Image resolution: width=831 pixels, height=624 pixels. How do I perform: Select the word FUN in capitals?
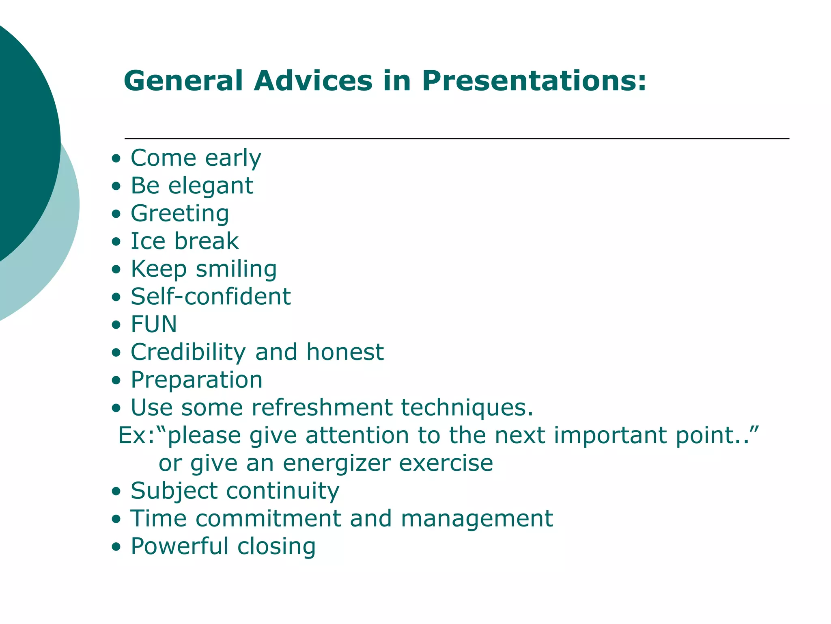pos(154,324)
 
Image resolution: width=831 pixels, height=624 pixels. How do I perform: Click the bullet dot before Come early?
pos(116,158)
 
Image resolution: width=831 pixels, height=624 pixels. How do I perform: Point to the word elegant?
pos(211,186)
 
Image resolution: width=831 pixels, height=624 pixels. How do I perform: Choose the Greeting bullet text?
pos(180,214)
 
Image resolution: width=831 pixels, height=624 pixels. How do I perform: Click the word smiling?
pos(236,269)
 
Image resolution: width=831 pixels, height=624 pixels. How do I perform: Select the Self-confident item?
pos(211,297)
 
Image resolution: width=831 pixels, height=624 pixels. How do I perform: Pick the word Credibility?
pos(188,352)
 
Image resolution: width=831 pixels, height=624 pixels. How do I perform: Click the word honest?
pos(345,352)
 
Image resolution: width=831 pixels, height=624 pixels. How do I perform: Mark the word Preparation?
pos(196,380)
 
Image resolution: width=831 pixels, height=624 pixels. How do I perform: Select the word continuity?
pos(282,491)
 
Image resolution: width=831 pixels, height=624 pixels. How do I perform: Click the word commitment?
pos(268,519)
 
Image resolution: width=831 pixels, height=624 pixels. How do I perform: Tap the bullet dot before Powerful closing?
pos(116,547)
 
